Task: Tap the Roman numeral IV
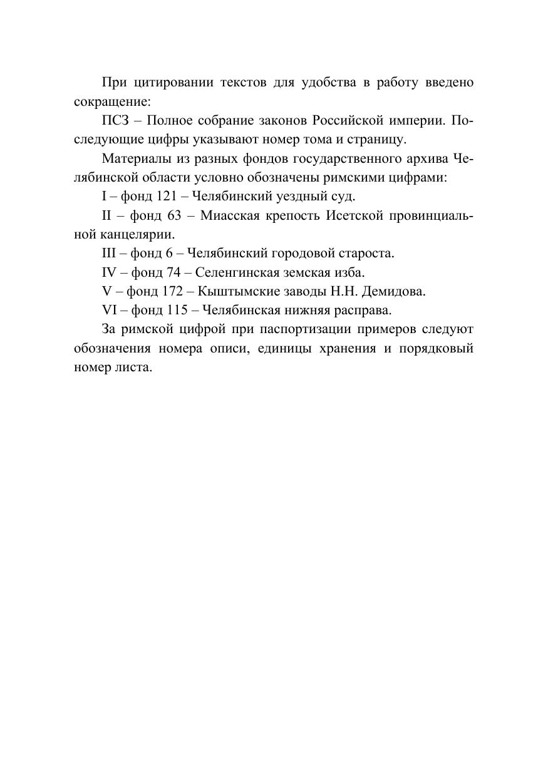[x=109, y=272]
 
